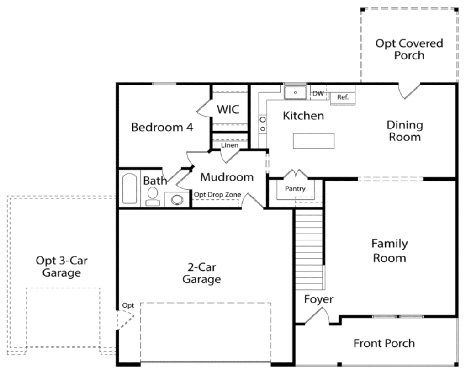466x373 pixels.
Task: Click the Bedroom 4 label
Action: point(162,128)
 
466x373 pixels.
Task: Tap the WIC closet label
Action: point(228,109)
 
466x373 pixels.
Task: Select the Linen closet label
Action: point(229,145)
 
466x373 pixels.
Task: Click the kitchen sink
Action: point(295,92)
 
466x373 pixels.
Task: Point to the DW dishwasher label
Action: point(318,93)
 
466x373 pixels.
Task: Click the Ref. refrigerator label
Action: point(343,97)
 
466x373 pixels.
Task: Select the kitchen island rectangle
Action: point(313,141)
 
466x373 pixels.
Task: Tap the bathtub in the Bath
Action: point(130,189)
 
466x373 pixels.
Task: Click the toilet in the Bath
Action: point(153,196)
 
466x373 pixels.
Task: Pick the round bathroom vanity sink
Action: point(177,200)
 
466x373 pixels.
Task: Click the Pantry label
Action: point(295,189)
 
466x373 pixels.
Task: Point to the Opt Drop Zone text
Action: point(217,195)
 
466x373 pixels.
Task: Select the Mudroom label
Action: point(227,177)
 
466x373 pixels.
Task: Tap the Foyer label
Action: point(318,299)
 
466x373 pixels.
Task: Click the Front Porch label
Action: point(384,343)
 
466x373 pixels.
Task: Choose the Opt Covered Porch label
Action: point(409,49)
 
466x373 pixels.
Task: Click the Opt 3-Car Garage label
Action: point(62,266)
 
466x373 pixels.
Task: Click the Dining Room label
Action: point(405,131)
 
